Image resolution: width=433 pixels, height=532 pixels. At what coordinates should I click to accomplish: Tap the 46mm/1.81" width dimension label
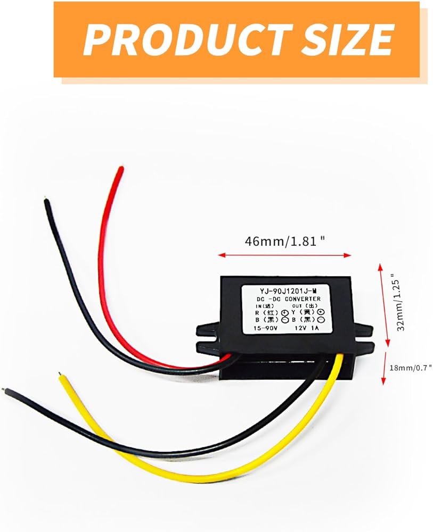coord(285,240)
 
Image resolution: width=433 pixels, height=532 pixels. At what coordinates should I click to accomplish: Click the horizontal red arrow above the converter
coord(285,255)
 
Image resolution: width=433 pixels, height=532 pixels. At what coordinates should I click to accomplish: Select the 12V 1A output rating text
coord(305,328)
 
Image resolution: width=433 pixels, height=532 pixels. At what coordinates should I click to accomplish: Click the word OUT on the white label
coord(298,306)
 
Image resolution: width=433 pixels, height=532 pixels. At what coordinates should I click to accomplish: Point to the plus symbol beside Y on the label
coord(320,313)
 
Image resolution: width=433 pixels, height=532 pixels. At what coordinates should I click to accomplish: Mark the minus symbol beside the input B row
coord(285,320)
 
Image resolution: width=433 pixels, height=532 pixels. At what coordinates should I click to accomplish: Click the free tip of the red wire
coord(121,169)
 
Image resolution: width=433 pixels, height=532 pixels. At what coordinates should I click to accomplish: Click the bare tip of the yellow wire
coord(60,375)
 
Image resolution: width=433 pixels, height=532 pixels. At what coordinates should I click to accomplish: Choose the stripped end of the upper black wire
coord(47,201)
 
